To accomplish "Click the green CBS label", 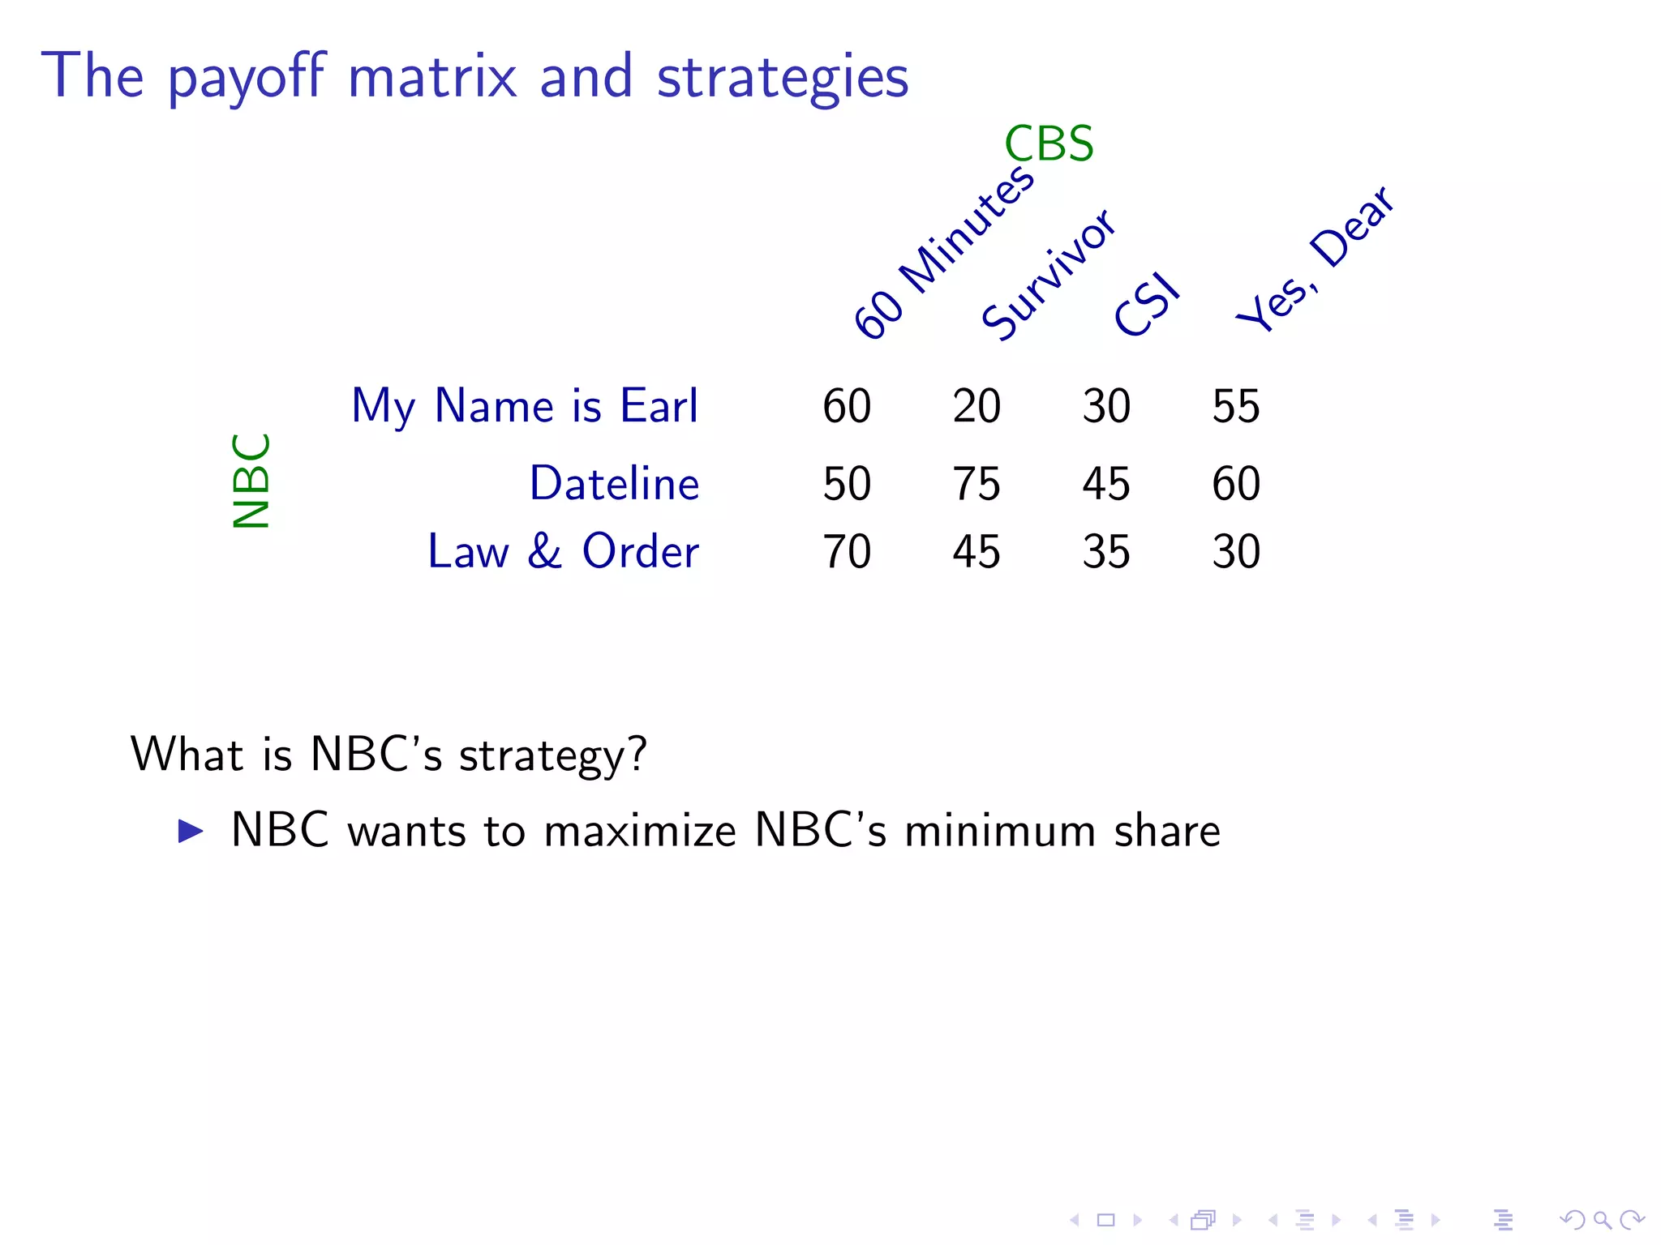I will click(x=1048, y=144).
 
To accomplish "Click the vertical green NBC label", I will click(x=251, y=481).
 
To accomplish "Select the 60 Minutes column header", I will click(x=944, y=252).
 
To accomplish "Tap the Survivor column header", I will click(x=1048, y=274).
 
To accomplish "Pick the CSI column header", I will click(x=1146, y=305).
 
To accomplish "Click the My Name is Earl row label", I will click(x=524, y=406).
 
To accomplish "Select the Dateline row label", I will click(x=614, y=484).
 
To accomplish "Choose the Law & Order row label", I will click(x=563, y=552).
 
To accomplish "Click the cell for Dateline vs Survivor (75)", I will click(x=976, y=484).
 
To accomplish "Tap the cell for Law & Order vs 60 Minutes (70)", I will click(x=847, y=552).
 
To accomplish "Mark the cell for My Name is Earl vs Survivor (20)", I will click(x=976, y=406).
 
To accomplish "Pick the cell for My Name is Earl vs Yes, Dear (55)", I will click(x=1236, y=406).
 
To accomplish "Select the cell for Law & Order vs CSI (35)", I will click(x=1106, y=552).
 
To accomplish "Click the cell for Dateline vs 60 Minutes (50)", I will click(x=847, y=484).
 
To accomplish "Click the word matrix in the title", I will click(x=432, y=76).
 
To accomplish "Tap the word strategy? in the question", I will click(x=552, y=755).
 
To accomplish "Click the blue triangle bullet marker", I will click(x=191, y=831).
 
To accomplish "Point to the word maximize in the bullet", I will click(x=640, y=832).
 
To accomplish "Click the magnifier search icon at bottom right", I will click(x=1602, y=1219).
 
